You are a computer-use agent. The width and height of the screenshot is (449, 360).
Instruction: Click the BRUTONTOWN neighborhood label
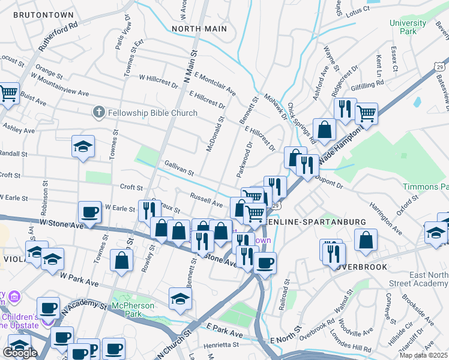coord(43,15)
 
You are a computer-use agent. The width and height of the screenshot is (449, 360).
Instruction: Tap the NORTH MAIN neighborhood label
coord(199,29)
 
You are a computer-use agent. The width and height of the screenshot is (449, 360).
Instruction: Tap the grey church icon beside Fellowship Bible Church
coord(99,112)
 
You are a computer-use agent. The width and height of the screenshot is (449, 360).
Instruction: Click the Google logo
coord(20,352)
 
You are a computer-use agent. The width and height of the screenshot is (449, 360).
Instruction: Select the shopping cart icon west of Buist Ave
coord(8,92)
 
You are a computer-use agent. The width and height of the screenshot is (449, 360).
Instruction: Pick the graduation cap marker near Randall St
coord(83,146)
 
